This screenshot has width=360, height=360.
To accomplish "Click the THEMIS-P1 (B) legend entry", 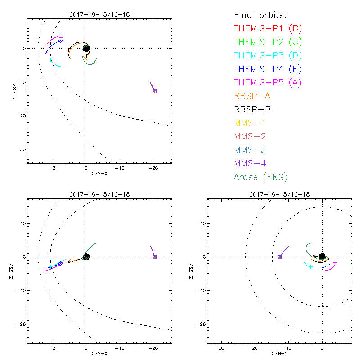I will tap(268, 29).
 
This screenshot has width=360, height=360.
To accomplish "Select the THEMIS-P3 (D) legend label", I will tap(268, 56).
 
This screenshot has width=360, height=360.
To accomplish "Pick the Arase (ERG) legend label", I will tap(261, 177).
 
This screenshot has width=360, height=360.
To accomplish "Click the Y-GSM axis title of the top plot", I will tap(14, 90).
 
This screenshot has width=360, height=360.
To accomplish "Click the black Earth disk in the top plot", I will tap(86, 48).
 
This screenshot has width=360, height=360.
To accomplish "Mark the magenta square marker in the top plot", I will tap(61, 36).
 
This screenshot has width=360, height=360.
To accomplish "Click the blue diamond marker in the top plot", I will tap(60, 41).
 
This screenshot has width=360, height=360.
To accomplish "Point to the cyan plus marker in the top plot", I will tap(50, 61).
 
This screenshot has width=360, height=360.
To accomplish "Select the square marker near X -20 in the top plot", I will tap(154, 91).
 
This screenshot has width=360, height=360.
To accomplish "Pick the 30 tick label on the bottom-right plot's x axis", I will tap(221, 348).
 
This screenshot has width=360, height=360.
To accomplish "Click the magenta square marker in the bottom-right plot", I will tap(335, 264).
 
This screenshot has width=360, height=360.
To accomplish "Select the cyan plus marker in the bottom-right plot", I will tap(310, 267).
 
